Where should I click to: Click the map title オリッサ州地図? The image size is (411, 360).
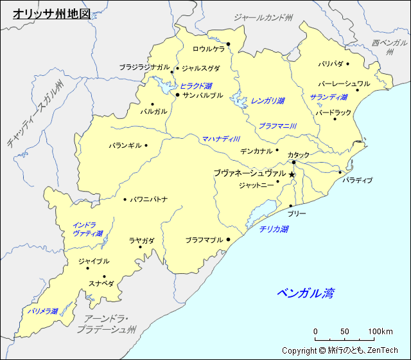tap(52, 12)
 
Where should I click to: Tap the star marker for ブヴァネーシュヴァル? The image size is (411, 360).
tap(292, 175)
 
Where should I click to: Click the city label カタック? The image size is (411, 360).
tap(298, 155)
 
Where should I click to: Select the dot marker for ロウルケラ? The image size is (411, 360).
tap(228, 44)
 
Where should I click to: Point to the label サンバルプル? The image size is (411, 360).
tap(203, 95)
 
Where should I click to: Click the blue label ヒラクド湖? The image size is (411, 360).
tap(196, 85)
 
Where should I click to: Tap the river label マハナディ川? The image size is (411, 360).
tap(221, 139)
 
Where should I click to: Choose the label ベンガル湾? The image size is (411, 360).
tap(306, 294)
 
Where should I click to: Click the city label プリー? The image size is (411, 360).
tap(297, 213)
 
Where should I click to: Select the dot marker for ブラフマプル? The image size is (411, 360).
tap(228, 240)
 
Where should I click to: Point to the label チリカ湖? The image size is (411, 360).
tap(274, 229)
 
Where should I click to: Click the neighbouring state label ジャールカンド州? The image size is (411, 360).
tap(263, 17)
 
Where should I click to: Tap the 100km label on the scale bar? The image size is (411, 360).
tap(380, 332)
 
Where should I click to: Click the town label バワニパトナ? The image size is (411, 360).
tap(149, 199)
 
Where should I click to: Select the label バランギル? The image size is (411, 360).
tap(125, 145)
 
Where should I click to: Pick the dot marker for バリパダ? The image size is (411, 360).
tap(348, 64)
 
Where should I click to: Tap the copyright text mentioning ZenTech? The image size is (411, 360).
tap(340, 350)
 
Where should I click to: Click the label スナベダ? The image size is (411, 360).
tap(101, 283)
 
